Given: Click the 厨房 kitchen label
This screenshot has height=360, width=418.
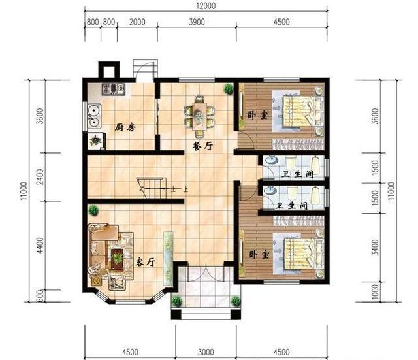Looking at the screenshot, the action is (x=125, y=127).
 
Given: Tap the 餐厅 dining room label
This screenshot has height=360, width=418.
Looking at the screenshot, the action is (x=203, y=146).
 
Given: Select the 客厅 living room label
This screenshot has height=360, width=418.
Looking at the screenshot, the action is (x=145, y=262).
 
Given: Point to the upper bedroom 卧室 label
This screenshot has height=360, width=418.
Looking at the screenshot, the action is (x=257, y=115).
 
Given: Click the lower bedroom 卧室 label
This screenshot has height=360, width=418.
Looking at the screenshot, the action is (x=259, y=254).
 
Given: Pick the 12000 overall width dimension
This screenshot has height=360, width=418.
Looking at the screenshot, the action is (x=206, y=6).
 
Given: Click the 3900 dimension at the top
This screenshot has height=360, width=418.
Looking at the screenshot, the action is (x=197, y=22).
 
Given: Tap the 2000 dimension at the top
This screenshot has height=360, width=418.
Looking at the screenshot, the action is (x=137, y=22).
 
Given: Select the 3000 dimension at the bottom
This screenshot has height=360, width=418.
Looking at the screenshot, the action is (x=206, y=352).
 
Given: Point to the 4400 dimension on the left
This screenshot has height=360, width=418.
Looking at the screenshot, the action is (x=40, y=245).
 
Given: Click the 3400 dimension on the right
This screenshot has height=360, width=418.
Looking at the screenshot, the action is (x=375, y=248).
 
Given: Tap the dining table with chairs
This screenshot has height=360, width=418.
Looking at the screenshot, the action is (x=199, y=116).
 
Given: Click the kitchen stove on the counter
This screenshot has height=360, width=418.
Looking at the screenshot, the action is (x=113, y=90).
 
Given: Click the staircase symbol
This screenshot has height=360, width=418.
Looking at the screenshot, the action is (x=152, y=188).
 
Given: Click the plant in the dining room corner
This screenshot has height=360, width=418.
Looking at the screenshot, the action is (x=229, y=89).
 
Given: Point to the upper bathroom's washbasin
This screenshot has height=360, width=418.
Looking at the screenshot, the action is (x=271, y=160).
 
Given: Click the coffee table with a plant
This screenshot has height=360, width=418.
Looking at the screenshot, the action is (x=117, y=258).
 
